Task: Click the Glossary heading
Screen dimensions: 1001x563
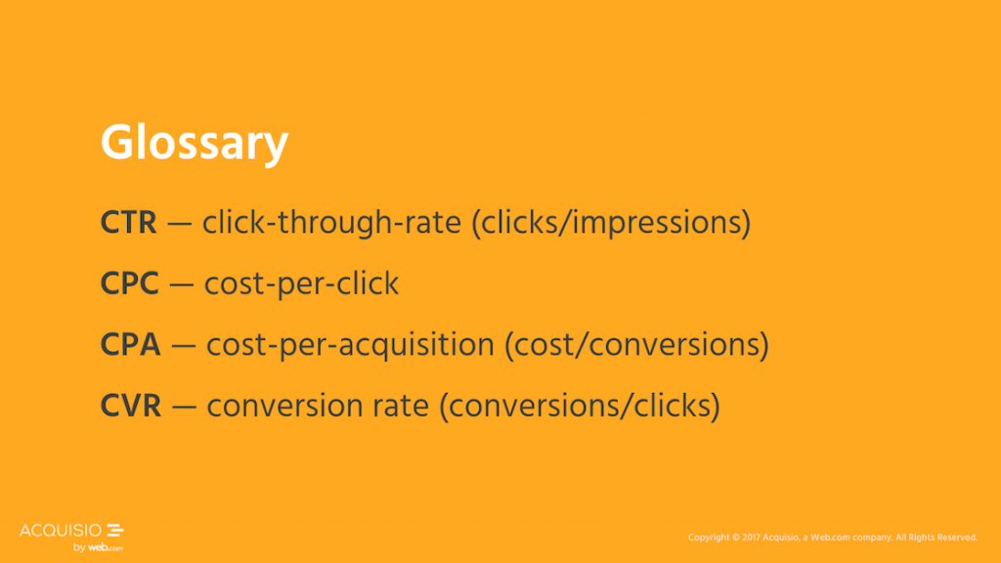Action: (x=195, y=144)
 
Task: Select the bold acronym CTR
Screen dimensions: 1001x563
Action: (x=128, y=223)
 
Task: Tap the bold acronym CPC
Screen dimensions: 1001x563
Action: (x=130, y=283)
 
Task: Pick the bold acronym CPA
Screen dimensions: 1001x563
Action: (x=131, y=345)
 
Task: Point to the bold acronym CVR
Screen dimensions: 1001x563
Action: (x=131, y=406)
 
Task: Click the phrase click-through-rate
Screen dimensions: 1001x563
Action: (x=332, y=224)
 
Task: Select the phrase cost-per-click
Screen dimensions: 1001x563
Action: (x=301, y=284)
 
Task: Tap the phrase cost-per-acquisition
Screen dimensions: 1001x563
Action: (x=351, y=345)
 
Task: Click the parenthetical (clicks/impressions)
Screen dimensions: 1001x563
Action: (x=611, y=224)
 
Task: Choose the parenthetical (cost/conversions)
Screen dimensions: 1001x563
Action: (x=637, y=345)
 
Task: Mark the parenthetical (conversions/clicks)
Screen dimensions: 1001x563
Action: (x=580, y=407)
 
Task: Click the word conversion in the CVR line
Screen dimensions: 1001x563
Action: (x=284, y=407)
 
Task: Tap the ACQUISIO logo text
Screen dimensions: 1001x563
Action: (x=61, y=531)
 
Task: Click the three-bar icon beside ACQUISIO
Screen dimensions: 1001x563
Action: (x=115, y=530)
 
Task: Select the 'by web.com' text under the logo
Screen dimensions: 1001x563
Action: (x=98, y=547)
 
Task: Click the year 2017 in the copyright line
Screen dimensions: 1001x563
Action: (x=751, y=538)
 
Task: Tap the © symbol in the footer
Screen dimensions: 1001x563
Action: (x=735, y=538)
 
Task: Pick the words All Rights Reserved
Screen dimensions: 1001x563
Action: (x=936, y=538)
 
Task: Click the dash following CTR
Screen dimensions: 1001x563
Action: (x=180, y=225)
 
